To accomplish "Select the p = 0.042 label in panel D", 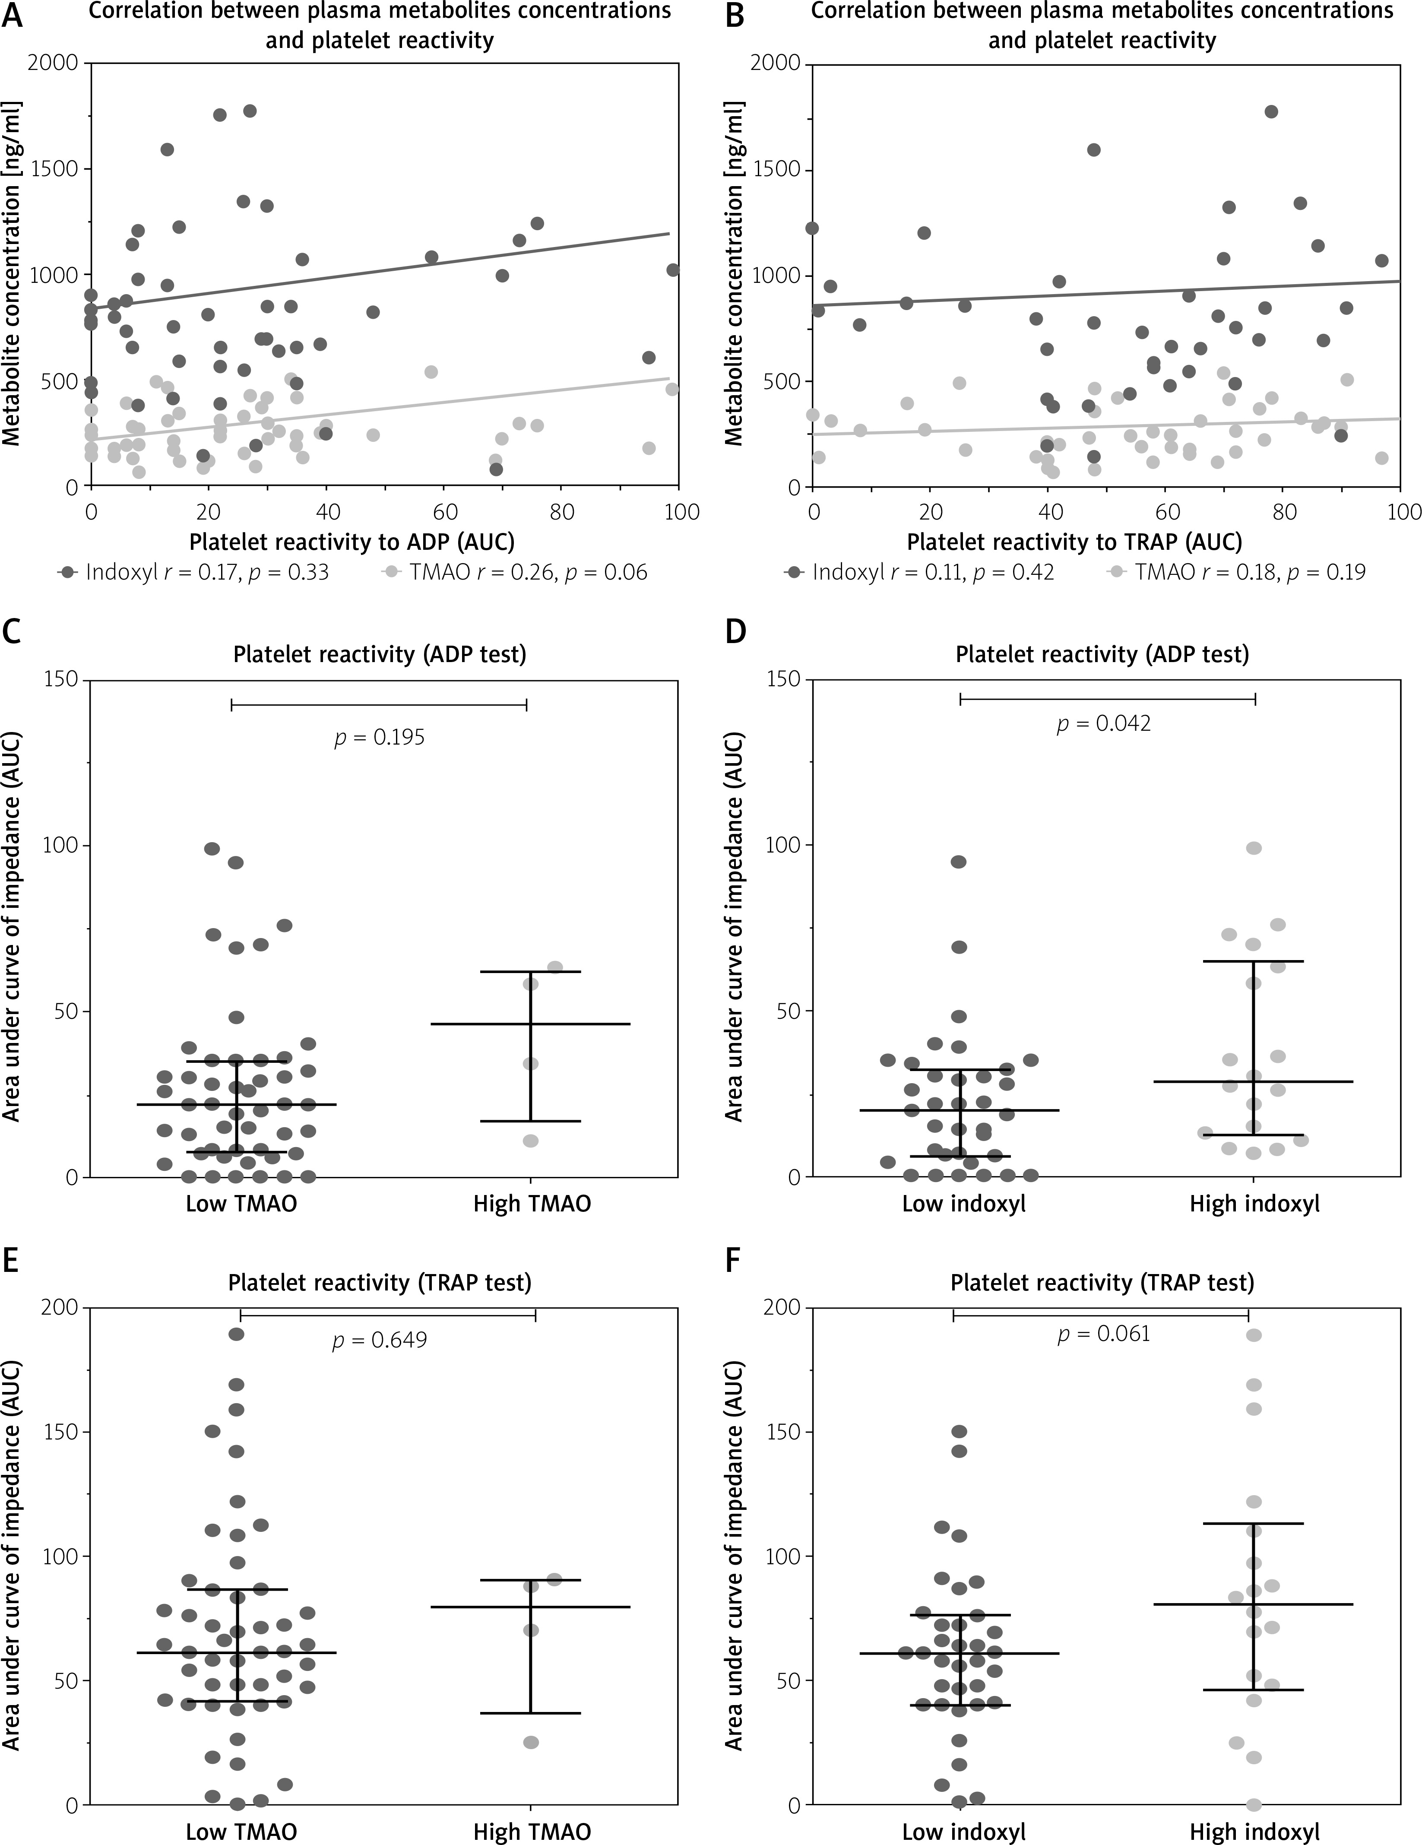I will (1104, 724).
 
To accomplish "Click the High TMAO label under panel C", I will (532, 1203).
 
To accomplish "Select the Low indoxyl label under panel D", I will (963, 1203).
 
